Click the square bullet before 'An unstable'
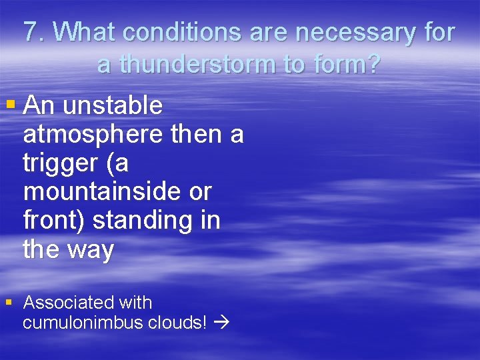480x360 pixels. pos(10,105)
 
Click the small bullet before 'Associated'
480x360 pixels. pos(9,302)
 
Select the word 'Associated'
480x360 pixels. pos(68,303)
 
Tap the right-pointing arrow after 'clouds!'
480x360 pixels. pos(222,324)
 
